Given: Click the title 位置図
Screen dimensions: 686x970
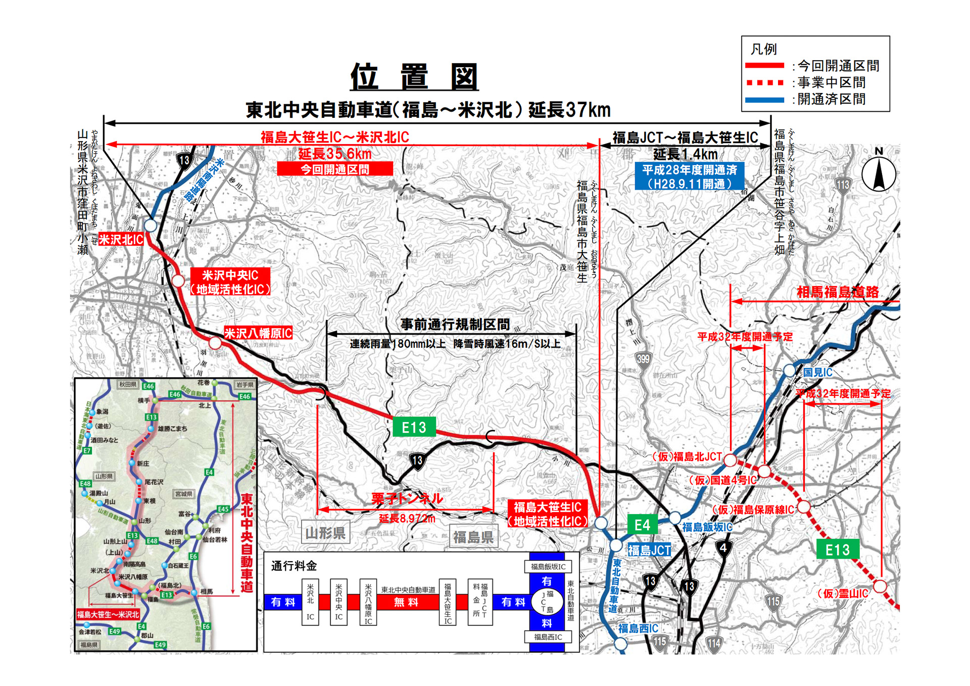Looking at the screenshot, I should coord(414,77).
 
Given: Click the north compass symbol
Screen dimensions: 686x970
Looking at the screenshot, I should coord(879,173).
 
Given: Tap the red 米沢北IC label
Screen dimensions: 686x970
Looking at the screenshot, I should coord(121,239).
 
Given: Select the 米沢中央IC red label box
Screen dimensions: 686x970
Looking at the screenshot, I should coord(230,282).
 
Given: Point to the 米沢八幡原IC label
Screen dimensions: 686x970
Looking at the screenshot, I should coord(258,333).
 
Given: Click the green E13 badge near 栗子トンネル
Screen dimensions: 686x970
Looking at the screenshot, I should coord(414,427).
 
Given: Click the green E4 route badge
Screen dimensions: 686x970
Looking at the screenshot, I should coord(642,525).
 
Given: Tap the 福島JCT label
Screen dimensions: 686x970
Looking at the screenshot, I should coord(649,550).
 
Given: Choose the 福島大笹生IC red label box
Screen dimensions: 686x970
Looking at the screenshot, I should coord(548,514).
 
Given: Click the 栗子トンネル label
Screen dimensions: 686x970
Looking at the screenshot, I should coord(407,499).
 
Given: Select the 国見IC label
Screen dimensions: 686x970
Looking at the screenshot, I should coord(817,373).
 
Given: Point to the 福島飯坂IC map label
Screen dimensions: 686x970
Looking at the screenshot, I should coord(707,527).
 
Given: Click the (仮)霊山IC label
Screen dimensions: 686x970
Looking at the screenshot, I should coord(843,593).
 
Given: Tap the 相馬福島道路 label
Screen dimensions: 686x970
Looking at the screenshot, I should coord(837,292).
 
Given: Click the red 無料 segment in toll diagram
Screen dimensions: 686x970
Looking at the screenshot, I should coord(406,602).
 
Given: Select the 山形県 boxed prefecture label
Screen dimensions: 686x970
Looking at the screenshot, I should coord(325,533).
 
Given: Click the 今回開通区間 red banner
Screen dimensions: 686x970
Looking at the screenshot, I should coord(335,169).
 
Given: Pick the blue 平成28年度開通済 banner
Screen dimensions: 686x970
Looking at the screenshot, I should coord(689,176).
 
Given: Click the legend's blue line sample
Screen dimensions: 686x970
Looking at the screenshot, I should coord(764,100).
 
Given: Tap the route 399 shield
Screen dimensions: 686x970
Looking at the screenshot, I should coord(643,359).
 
